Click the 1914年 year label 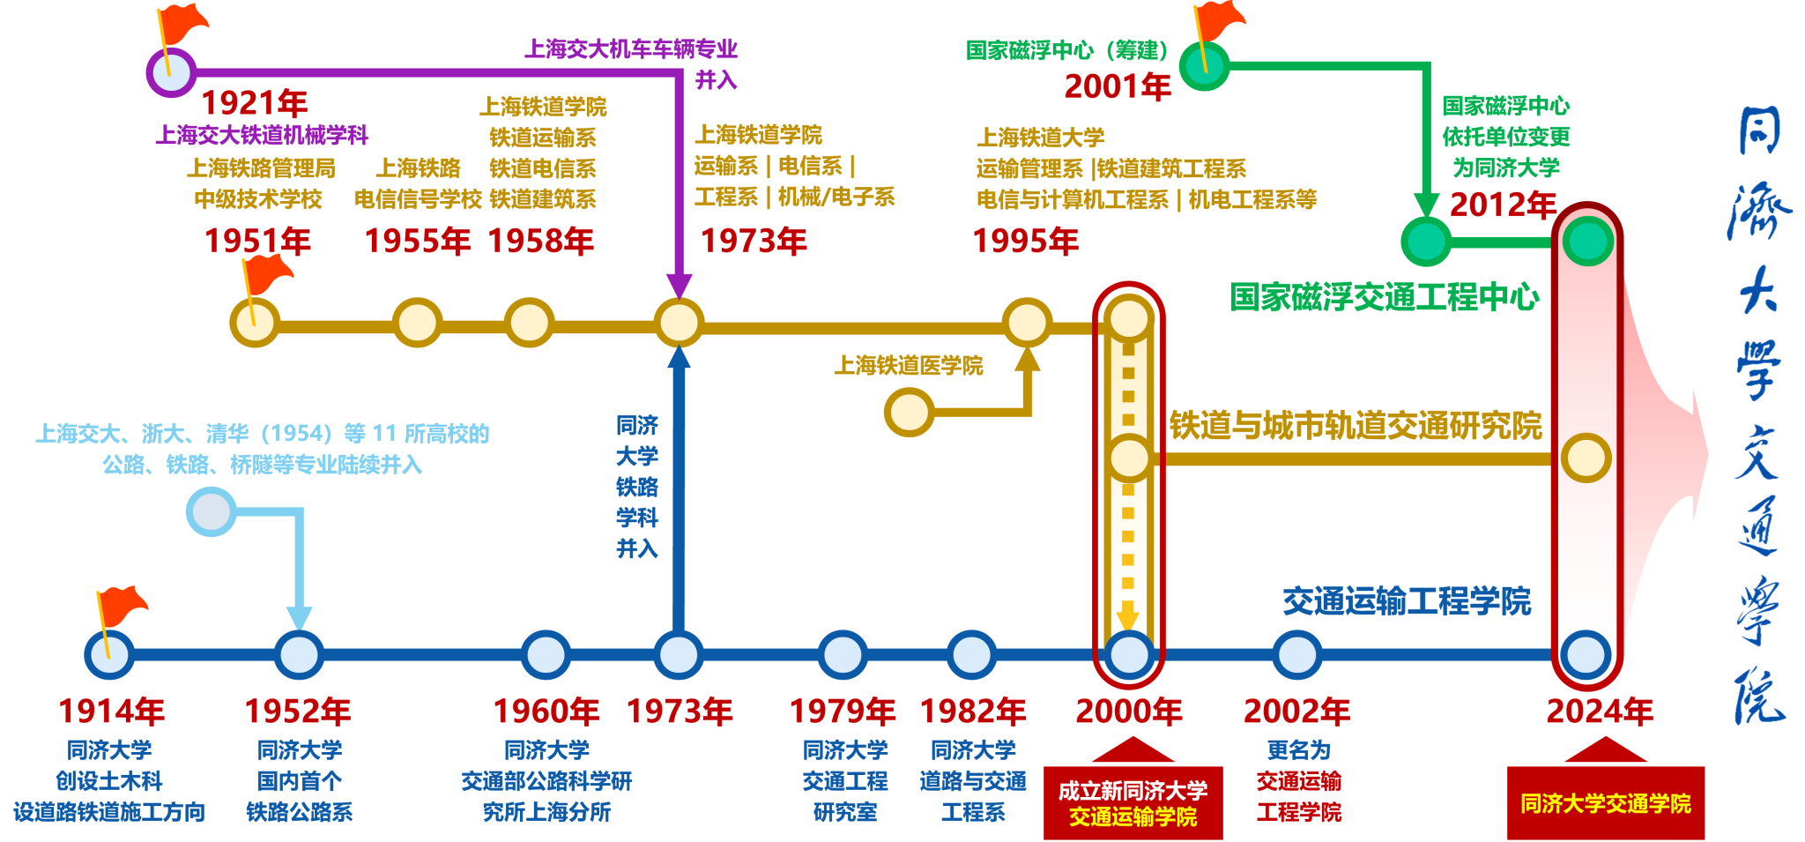(x=111, y=711)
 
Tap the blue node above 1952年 (x=299, y=655)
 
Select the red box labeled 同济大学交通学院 (x=1605, y=803)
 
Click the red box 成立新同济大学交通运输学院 (x=1133, y=803)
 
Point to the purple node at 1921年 (x=171, y=72)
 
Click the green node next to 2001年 (x=1204, y=65)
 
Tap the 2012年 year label (x=1503, y=205)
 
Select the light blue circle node (x=212, y=511)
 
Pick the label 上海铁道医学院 (x=909, y=365)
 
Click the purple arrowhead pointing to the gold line (x=679, y=287)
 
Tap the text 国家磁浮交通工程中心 (x=1385, y=297)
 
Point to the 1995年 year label (x=1026, y=241)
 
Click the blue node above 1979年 (x=843, y=655)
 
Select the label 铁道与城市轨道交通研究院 (x=1356, y=425)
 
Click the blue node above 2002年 (x=1296, y=655)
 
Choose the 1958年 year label (x=541, y=241)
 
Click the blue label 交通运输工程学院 (x=1407, y=601)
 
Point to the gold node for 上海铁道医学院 (x=909, y=412)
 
